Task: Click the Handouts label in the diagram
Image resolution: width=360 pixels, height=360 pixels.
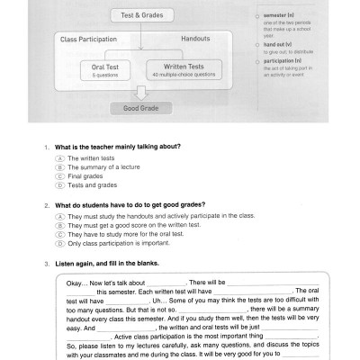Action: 194,40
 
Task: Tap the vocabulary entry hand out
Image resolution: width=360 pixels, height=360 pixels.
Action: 275,44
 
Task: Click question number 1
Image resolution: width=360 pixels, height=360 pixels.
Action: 46,146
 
